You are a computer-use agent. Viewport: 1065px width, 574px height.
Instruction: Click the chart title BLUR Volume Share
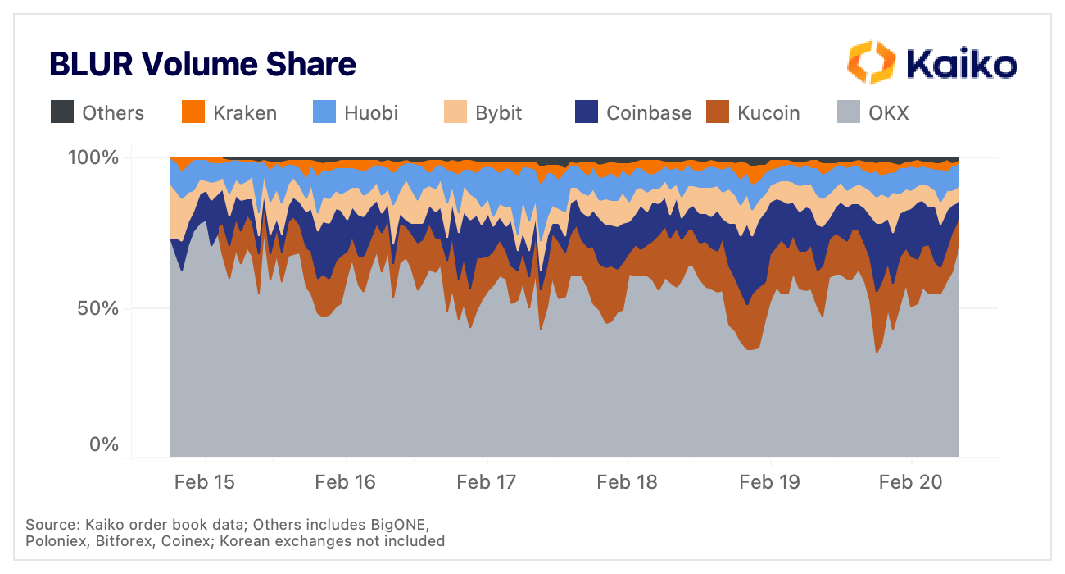[x=202, y=64]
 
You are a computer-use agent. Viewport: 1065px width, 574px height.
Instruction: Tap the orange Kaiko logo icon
[x=871, y=62]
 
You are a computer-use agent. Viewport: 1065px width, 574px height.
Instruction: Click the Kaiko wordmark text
[x=962, y=64]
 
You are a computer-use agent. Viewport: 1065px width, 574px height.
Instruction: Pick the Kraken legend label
[x=245, y=112]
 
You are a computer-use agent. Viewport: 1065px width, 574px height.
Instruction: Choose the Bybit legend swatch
[x=455, y=112]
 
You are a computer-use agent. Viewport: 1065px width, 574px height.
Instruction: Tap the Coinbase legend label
[x=649, y=112]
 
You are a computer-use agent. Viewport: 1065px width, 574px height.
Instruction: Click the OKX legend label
[x=889, y=112]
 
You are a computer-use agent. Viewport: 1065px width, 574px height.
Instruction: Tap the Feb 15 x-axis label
[x=204, y=481]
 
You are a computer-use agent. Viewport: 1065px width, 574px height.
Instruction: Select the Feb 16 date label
[x=345, y=481]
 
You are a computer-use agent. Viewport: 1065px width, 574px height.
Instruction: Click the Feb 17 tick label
[x=486, y=481]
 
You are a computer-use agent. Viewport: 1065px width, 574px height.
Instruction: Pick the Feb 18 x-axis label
[x=627, y=481]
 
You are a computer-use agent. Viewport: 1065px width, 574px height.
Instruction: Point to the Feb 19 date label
[x=768, y=481]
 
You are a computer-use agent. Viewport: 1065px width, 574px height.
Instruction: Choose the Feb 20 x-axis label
[x=909, y=481]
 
